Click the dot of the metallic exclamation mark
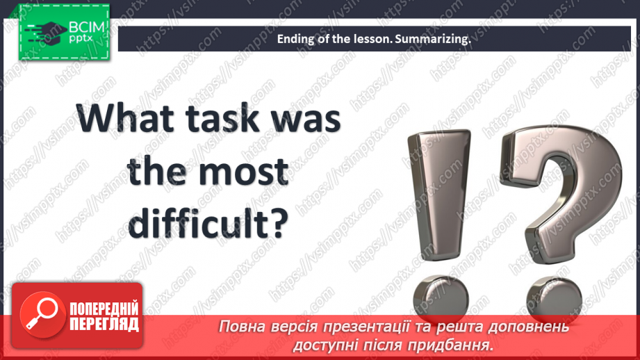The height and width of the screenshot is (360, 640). pos(441,297)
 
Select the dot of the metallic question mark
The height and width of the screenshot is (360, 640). pos(554,299)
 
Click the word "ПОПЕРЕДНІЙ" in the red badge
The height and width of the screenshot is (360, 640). pos(104,309)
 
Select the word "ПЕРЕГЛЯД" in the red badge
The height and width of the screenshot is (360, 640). pos(104,324)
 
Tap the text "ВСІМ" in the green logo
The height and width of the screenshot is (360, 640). pos(87,27)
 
